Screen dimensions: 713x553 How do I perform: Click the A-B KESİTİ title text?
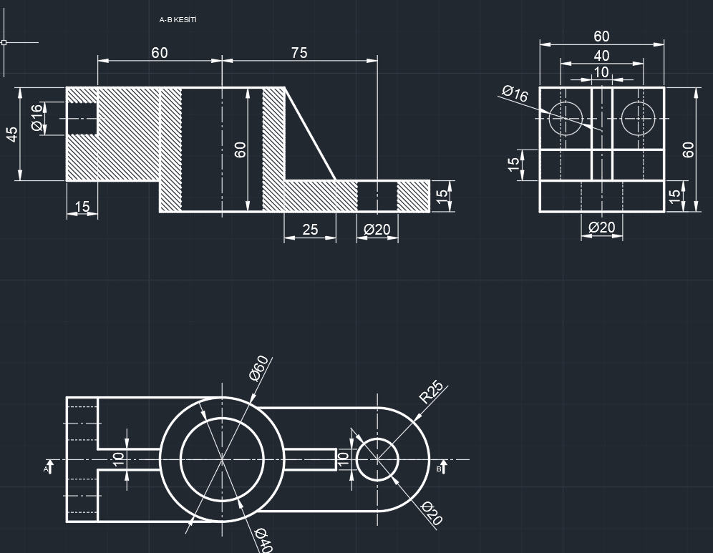[178, 19]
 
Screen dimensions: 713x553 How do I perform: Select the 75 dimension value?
[299, 53]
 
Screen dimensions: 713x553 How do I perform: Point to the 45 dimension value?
[12, 134]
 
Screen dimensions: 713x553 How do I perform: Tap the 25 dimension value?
[310, 230]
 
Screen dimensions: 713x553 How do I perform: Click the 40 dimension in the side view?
[601, 56]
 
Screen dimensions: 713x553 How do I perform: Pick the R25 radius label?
[431, 392]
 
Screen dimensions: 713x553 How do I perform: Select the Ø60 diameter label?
[258, 368]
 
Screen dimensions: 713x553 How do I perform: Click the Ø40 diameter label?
[263, 540]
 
